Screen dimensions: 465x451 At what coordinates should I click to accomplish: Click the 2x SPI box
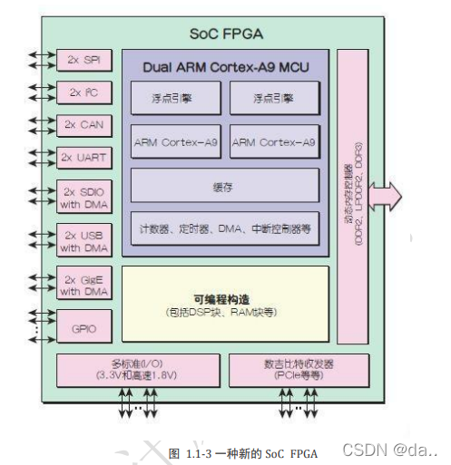point(83,60)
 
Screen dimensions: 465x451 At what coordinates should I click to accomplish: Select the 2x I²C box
point(83,92)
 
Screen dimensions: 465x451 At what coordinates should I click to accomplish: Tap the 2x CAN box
point(83,124)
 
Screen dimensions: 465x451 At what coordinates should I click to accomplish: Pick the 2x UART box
point(83,157)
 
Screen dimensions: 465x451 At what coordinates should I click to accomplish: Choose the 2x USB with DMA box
point(83,241)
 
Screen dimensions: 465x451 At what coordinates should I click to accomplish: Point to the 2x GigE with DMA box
point(83,285)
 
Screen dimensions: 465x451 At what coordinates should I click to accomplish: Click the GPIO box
point(83,327)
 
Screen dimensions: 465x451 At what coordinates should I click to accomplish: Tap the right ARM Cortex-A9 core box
point(274,142)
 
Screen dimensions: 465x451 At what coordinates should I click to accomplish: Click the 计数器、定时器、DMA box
point(224,228)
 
